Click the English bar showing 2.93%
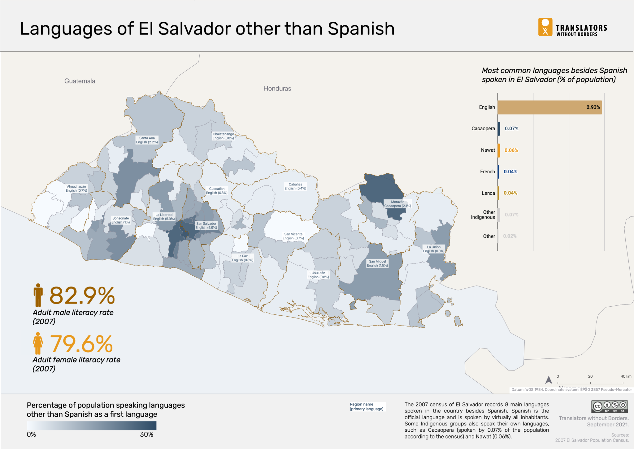(549, 107)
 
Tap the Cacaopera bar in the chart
(499, 129)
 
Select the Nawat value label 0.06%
(511, 150)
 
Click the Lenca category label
(488, 193)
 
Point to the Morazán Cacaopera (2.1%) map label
(397, 204)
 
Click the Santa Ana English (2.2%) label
(147, 140)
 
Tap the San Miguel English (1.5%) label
(377, 264)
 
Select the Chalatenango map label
(223, 136)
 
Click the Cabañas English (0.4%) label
(295, 186)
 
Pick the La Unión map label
(434, 249)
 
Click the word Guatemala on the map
(80, 81)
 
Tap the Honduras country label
(277, 89)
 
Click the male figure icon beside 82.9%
(38, 295)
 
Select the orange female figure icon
(38, 343)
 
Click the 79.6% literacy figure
(81, 344)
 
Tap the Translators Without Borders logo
(572, 27)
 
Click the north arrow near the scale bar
(549, 380)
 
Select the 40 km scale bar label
(626, 376)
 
